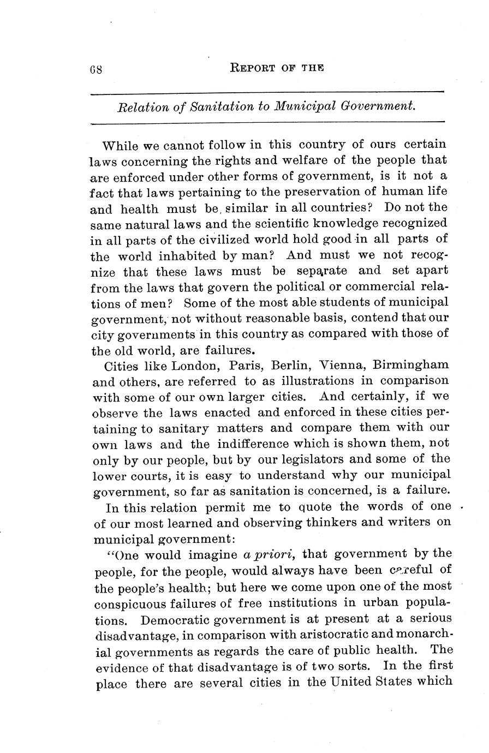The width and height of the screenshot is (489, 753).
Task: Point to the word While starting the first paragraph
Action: [121, 146]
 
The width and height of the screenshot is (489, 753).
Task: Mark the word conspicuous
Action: [129, 603]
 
